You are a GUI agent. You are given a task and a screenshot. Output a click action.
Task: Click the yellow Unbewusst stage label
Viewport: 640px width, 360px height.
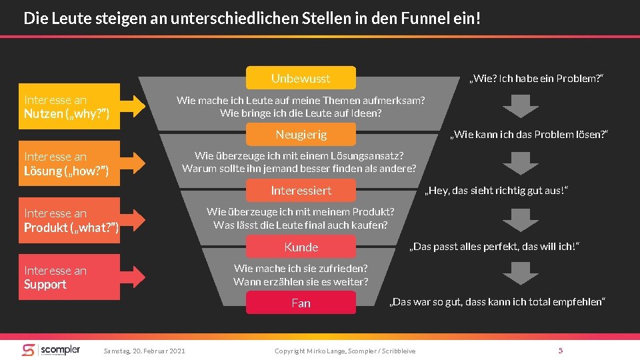[301, 78]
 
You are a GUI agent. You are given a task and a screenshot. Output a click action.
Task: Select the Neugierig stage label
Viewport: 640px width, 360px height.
[301, 135]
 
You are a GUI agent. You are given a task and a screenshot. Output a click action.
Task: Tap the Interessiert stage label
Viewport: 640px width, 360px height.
[301, 191]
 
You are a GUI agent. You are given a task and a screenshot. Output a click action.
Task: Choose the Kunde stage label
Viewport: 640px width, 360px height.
[301, 247]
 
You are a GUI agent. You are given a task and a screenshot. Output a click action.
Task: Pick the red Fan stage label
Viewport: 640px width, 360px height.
[301, 303]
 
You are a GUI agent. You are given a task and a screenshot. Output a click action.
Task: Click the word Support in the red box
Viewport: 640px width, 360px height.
[45, 285]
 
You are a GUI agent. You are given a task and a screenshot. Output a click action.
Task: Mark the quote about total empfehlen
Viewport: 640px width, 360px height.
[497, 303]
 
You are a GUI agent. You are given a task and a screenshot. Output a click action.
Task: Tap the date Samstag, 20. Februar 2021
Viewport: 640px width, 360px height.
[144, 351]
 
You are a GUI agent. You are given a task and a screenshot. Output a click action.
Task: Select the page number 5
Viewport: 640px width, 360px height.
[561, 351]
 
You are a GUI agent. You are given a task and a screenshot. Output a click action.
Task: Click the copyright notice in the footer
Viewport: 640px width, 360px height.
[345, 351]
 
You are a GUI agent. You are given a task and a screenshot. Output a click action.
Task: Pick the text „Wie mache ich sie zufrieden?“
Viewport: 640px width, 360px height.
[301, 268]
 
